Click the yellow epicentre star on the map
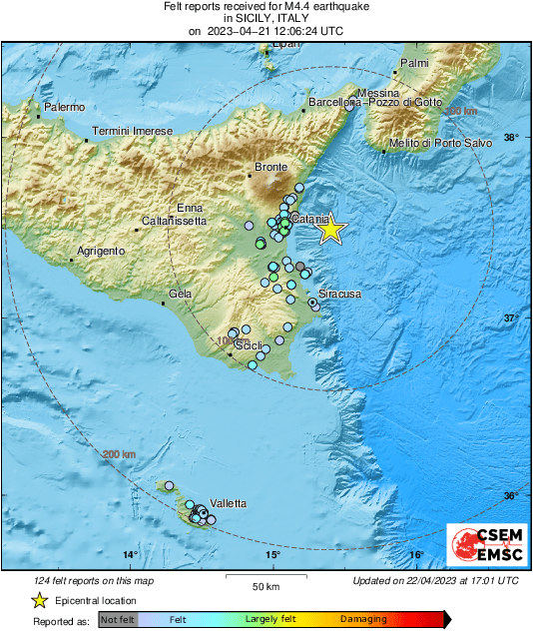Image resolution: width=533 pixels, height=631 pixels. [x=330, y=231]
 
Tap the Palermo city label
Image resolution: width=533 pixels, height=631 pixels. [x=65, y=107]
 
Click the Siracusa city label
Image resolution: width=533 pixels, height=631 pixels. [x=339, y=295]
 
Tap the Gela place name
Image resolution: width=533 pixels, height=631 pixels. [x=181, y=294]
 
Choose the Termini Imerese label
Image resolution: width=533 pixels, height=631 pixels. [x=132, y=131]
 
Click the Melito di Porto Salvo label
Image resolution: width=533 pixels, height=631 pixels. [x=440, y=143]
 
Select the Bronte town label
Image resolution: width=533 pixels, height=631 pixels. [x=271, y=168]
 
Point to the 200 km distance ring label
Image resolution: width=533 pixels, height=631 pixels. [x=119, y=455]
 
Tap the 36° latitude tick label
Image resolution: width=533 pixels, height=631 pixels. [x=510, y=496]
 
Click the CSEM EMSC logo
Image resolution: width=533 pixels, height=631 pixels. [x=482, y=545]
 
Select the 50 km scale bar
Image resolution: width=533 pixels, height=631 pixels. [x=265, y=576]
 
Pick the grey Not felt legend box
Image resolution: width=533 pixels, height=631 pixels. [x=117, y=620]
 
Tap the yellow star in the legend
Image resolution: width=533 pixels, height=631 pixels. [x=40, y=600]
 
